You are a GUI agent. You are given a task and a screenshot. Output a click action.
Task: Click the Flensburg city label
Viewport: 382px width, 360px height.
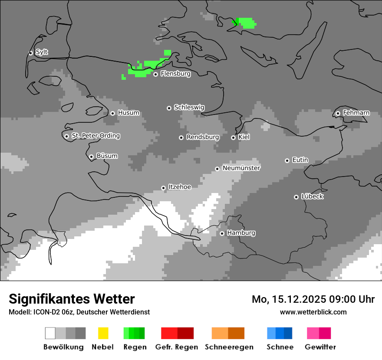(175, 74)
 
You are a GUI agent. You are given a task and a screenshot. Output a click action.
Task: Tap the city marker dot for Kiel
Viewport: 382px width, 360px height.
(233, 137)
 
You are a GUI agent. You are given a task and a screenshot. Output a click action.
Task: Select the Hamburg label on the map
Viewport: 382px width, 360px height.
(241, 233)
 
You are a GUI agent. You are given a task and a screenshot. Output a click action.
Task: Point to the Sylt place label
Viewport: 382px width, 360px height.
(42, 52)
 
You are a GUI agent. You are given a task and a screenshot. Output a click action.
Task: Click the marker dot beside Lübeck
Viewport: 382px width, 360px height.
(296, 197)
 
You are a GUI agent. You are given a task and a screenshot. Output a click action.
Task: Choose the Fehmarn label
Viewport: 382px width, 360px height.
(356, 113)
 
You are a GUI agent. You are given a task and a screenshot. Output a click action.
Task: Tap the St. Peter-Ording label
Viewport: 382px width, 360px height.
(95, 136)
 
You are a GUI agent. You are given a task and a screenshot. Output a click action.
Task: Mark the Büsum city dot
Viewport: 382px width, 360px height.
(91, 157)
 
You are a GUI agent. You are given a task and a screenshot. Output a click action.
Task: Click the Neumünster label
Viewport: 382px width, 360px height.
(241, 168)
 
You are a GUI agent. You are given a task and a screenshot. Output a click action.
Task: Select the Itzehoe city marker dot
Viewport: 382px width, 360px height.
(163, 188)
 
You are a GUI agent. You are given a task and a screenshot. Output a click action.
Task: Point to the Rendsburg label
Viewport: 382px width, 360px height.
(202, 137)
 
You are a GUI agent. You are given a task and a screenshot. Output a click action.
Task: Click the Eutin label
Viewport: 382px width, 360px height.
(300, 160)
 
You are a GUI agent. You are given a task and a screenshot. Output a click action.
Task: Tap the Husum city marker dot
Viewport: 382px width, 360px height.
(112, 113)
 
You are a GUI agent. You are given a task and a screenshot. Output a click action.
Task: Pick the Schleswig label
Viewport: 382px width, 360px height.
(189, 107)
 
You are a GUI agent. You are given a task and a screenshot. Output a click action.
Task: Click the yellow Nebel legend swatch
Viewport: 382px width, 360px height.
(103, 333)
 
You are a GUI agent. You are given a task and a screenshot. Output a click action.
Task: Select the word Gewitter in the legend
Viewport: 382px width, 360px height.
(320, 347)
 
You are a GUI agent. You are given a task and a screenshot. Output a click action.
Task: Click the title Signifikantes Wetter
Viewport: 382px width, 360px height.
(72, 299)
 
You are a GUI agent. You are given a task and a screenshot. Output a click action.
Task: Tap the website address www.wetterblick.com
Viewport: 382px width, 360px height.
(313, 312)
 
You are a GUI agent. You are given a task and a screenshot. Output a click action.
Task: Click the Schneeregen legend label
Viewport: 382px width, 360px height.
(228, 347)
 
